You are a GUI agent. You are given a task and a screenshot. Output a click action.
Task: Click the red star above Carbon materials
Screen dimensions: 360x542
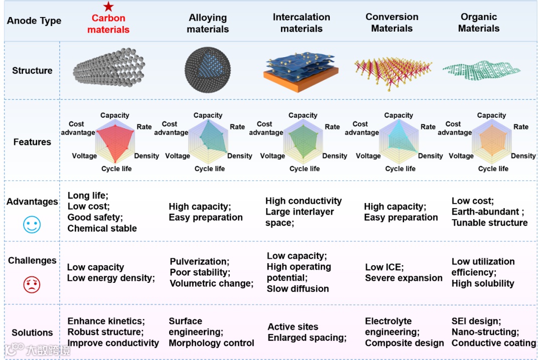tap(108, 7)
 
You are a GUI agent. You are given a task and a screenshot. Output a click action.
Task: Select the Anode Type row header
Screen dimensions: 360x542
tap(34, 21)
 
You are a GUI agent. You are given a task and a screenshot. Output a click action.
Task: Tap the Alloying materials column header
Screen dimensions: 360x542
tap(208, 24)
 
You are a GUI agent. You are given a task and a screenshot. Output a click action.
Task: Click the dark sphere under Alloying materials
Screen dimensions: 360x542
tap(207, 70)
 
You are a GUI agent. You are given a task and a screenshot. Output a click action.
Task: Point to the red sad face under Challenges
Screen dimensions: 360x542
tap(32, 284)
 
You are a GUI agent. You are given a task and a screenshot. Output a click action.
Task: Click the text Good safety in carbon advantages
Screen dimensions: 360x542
tap(95, 217)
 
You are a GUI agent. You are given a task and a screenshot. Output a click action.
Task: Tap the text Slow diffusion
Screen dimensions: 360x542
tap(298, 289)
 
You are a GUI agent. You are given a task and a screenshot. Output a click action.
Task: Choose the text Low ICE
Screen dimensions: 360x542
tap(384, 267)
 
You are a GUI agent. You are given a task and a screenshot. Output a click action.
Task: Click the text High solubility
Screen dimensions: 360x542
tap(483, 283)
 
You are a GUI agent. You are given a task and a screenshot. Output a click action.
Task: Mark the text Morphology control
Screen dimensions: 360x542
tap(211, 343)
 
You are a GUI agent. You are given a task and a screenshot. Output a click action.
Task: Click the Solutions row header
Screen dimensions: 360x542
tap(32, 332)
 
